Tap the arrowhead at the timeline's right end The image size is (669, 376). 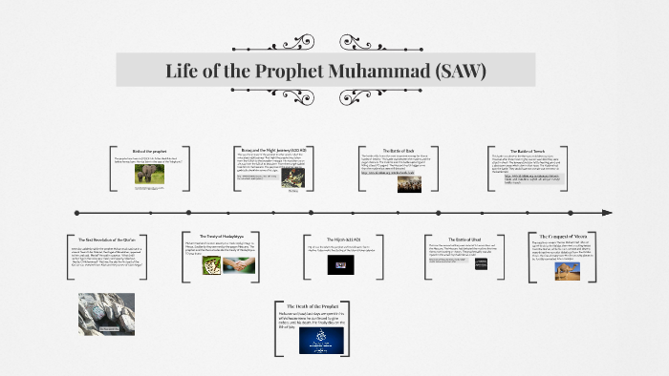coord(605,212)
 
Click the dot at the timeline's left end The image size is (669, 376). coord(76,212)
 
